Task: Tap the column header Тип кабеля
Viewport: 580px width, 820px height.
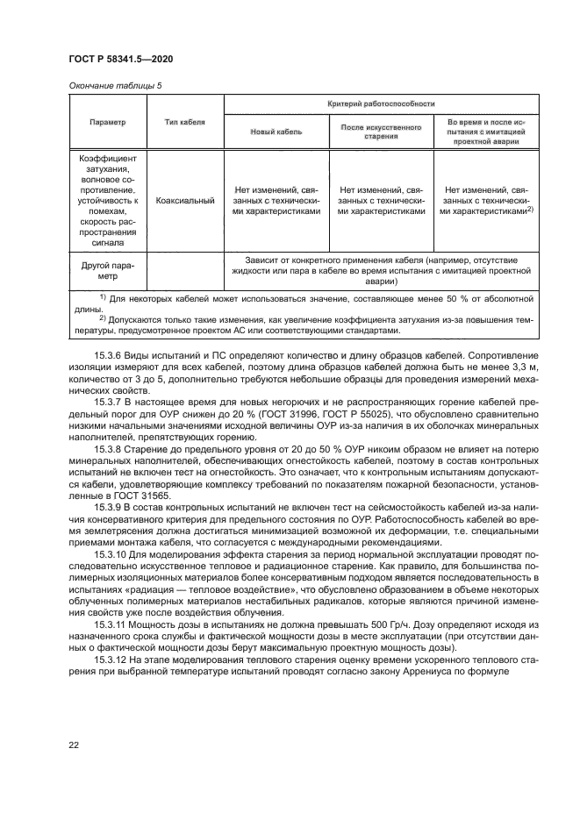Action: tap(185, 122)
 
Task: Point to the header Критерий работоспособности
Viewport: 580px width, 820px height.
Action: tap(381, 103)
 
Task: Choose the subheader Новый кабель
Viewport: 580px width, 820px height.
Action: tap(276, 132)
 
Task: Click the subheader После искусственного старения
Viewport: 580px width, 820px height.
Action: tap(381, 132)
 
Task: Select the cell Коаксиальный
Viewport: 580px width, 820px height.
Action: tap(185, 200)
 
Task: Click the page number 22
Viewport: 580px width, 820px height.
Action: tap(74, 745)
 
